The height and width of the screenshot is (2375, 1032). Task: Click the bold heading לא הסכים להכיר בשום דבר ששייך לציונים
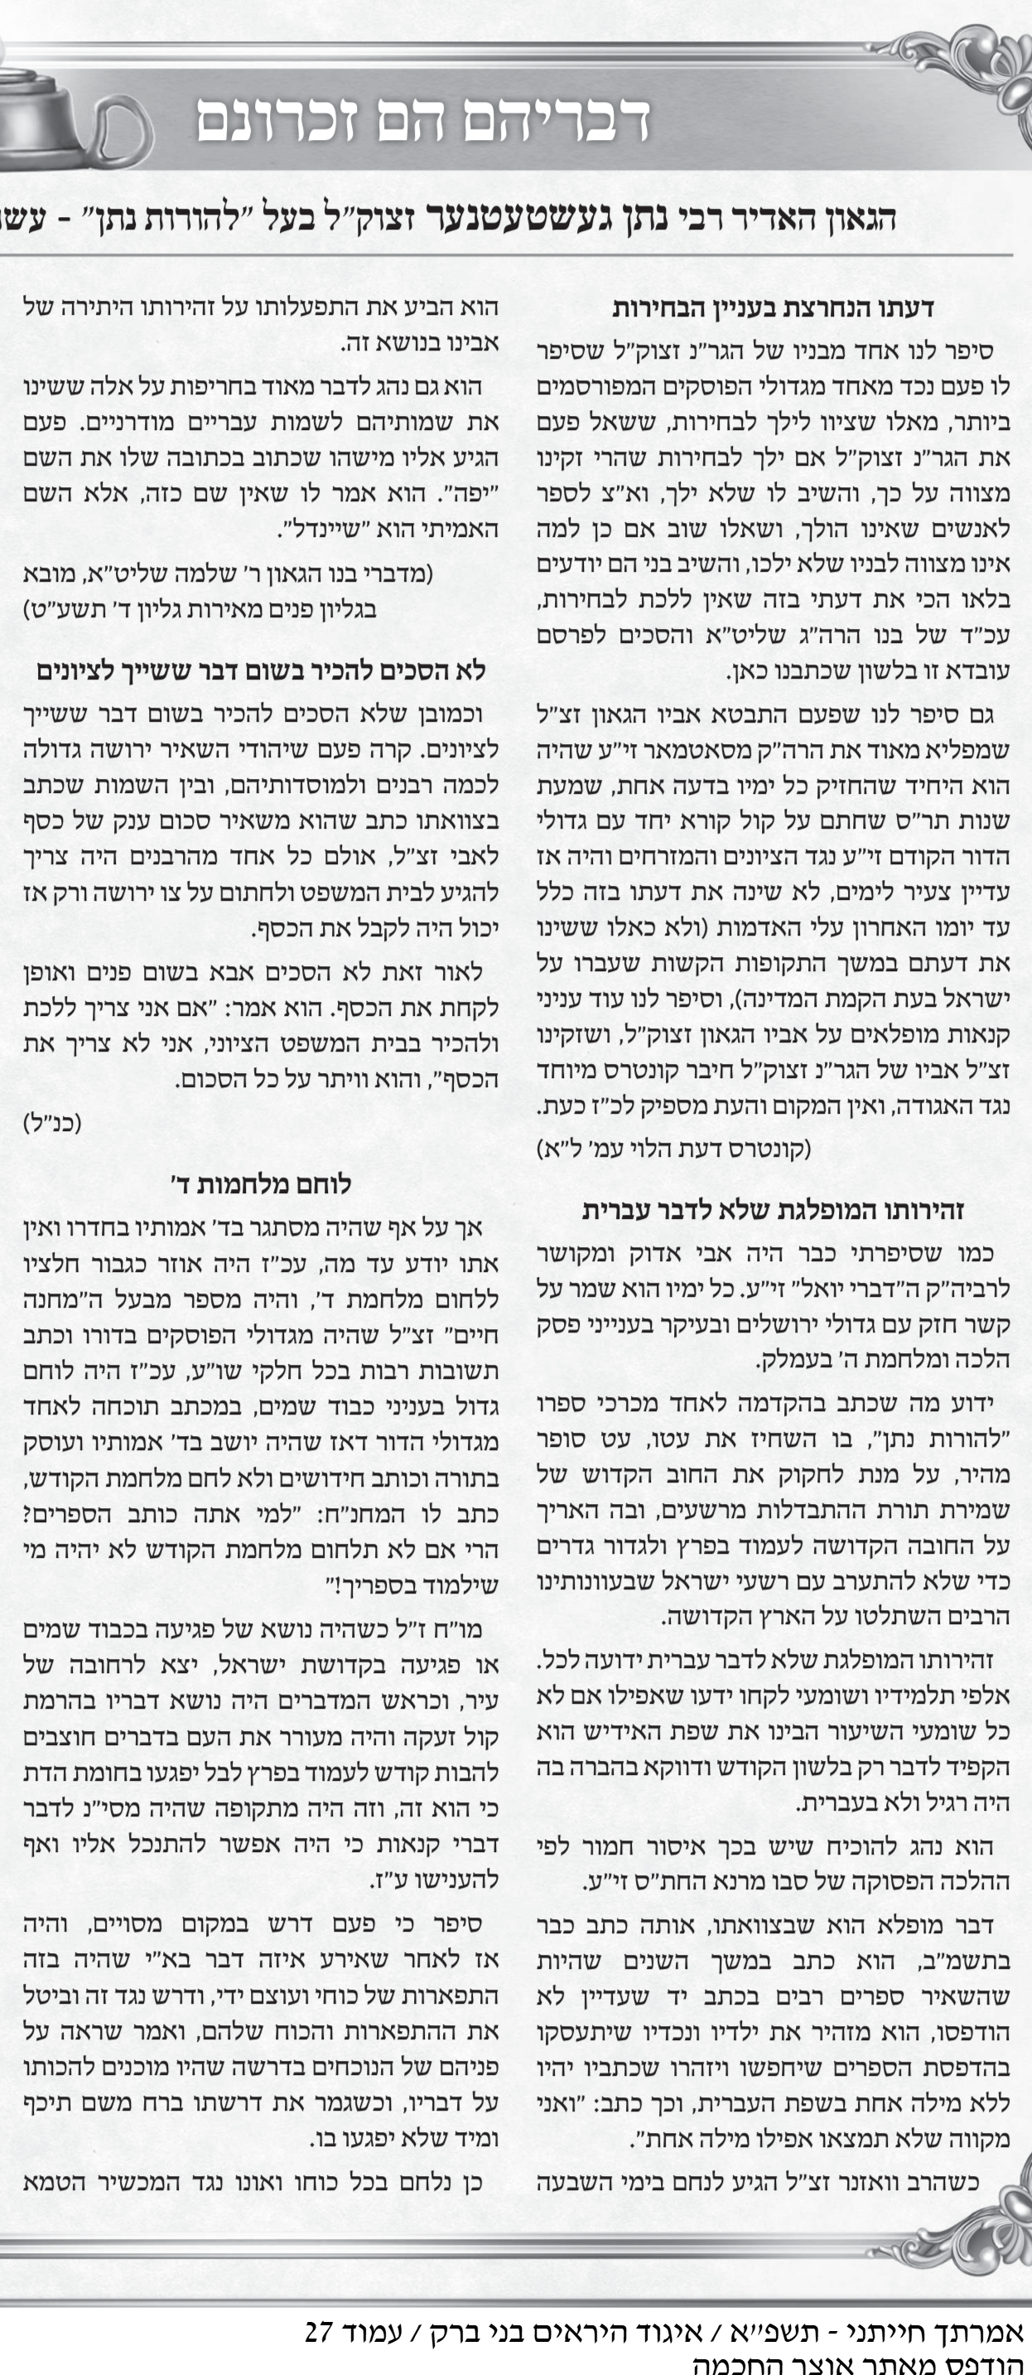(x=261, y=670)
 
